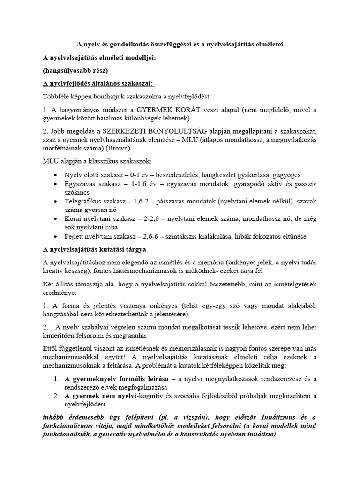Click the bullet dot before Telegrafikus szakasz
click(x=56, y=201)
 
